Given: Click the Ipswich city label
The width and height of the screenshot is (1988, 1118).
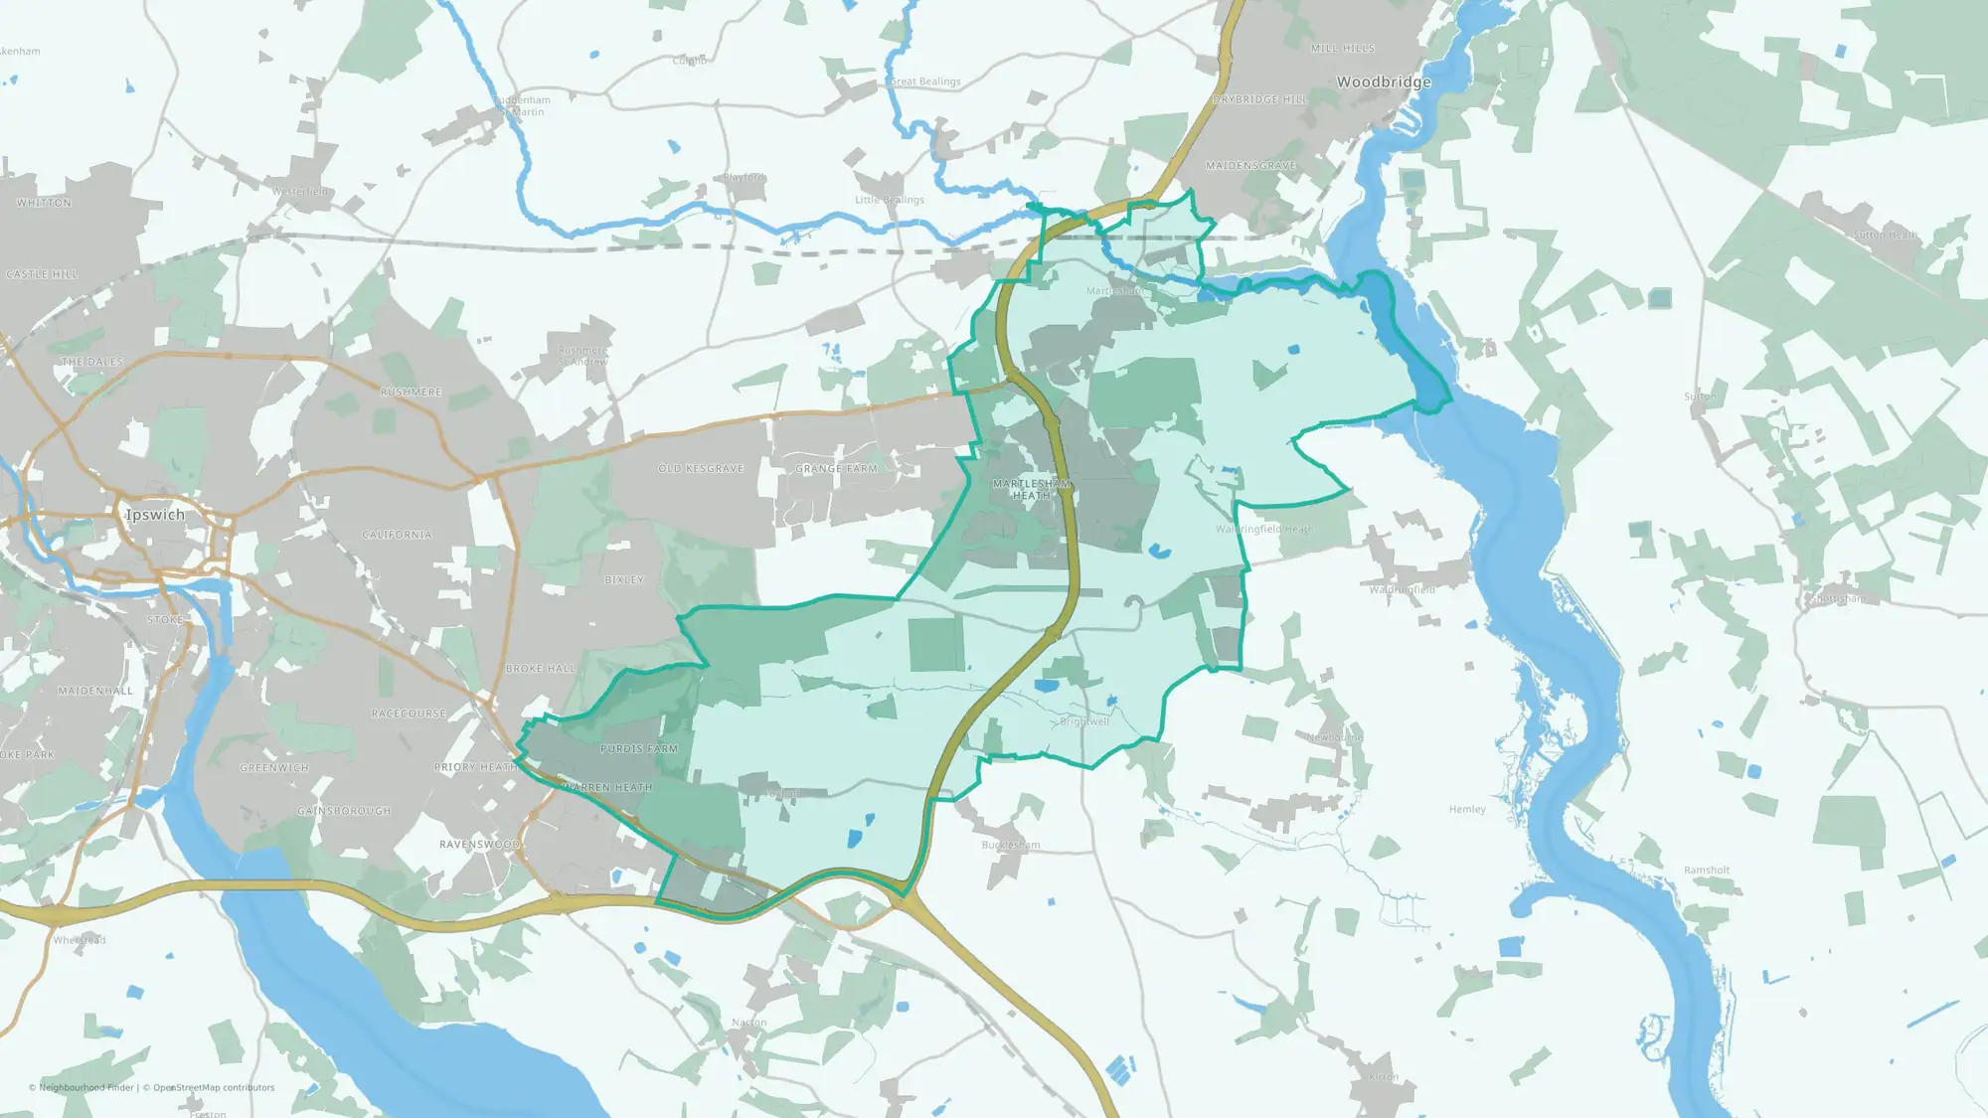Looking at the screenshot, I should click(x=155, y=515).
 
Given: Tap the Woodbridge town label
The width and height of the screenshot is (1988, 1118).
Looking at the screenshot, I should click(x=1384, y=81).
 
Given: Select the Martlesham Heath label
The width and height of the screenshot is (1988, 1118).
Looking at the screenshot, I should click(x=1032, y=489).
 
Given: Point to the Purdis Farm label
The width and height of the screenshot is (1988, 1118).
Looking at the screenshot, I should click(x=639, y=749).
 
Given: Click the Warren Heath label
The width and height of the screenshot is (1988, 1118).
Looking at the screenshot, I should click(x=607, y=787).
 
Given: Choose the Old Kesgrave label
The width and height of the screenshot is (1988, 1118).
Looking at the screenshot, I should click(x=701, y=469).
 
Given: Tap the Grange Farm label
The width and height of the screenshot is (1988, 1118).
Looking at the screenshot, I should click(x=837, y=469).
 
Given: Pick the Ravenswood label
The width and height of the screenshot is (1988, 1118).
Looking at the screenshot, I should click(x=480, y=845).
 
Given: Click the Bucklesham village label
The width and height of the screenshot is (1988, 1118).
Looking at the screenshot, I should click(x=1011, y=846).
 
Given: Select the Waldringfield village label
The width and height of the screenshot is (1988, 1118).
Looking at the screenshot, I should click(x=1402, y=590).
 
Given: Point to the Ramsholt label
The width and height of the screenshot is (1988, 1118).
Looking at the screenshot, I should click(x=1707, y=871).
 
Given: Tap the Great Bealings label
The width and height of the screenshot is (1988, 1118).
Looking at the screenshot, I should click(x=925, y=81).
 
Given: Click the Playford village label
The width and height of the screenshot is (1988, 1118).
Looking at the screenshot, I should click(x=745, y=178).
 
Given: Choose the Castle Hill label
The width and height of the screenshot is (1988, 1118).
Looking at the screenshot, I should click(x=42, y=274).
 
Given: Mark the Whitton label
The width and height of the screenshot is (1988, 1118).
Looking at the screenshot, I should click(x=44, y=203).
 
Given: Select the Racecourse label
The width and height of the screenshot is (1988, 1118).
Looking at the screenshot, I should click(x=409, y=714).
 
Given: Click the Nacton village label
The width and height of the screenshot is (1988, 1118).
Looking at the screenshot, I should click(x=749, y=1023).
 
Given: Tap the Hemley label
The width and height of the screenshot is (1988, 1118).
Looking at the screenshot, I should click(x=1467, y=810).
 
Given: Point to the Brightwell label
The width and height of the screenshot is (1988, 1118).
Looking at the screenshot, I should click(x=1084, y=722).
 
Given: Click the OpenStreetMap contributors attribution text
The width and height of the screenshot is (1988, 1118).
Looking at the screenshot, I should click(x=214, y=1088).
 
